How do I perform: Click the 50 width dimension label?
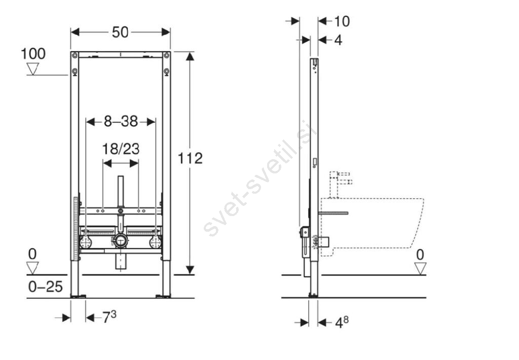(x=120, y=32)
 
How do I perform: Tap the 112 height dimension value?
(x=190, y=158)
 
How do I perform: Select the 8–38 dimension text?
(x=121, y=122)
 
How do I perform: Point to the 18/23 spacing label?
(x=121, y=149)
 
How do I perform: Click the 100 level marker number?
(x=33, y=54)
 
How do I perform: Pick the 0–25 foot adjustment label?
(x=45, y=287)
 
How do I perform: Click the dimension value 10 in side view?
(x=342, y=21)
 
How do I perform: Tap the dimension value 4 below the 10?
(x=338, y=41)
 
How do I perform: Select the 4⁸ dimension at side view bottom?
(x=342, y=322)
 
